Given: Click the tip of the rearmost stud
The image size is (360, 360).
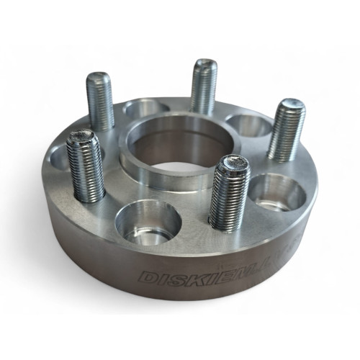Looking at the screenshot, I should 205,66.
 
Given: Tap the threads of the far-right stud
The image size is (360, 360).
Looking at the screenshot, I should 285,130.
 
